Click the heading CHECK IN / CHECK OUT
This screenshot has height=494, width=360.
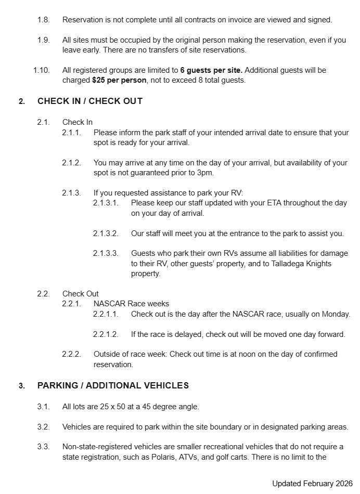(x=89, y=101)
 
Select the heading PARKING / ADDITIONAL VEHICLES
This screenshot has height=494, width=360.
(x=113, y=385)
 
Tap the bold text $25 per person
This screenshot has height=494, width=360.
(x=119, y=80)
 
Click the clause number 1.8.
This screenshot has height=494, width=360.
(x=43, y=20)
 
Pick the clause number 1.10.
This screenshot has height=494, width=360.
(x=41, y=70)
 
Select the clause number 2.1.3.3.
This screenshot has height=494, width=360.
(x=106, y=253)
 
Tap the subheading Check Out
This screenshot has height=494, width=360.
(x=80, y=293)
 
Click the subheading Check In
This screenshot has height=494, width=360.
(x=78, y=122)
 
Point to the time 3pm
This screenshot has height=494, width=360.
(x=205, y=173)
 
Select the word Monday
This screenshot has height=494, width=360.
(x=335, y=314)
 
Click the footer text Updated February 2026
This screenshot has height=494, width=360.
(x=312, y=483)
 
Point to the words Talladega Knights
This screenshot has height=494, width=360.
(x=294, y=264)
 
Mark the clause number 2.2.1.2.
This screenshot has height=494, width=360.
(x=106, y=334)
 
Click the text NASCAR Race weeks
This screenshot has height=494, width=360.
(x=131, y=304)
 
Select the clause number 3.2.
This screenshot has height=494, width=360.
(x=43, y=427)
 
